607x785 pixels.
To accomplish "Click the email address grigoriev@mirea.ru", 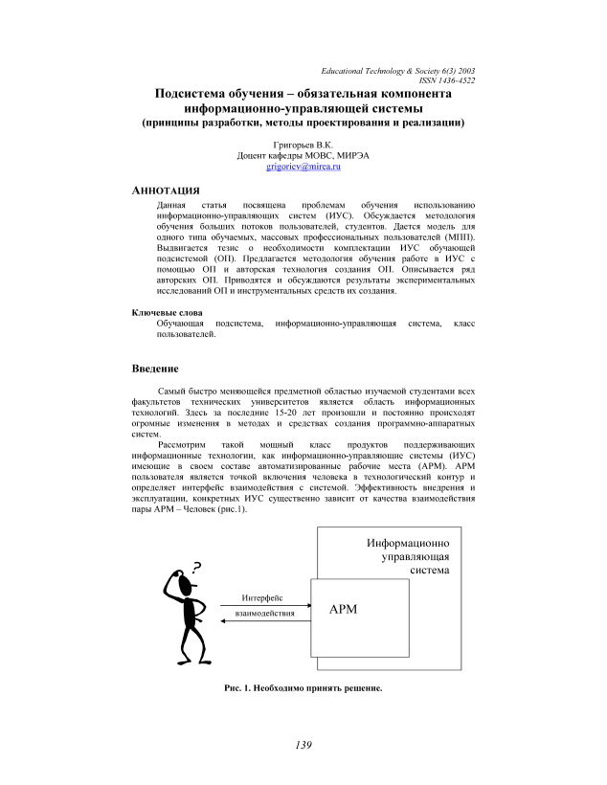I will [x=303, y=167].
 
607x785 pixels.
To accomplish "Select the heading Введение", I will [x=154, y=369].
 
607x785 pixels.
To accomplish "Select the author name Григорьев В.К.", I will [x=303, y=144].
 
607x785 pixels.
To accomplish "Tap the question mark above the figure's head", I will [x=197, y=566].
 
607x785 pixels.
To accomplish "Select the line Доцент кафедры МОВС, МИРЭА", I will [x=303, y=155].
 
